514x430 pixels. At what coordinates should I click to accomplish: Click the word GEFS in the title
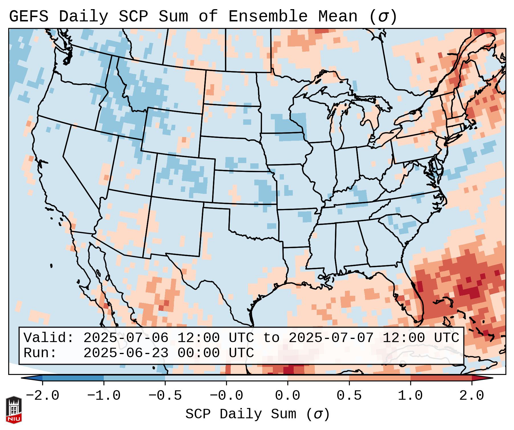click(29, 17)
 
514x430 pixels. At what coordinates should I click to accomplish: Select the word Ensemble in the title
click(268, 17)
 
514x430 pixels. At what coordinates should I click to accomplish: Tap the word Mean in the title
click(338, 17)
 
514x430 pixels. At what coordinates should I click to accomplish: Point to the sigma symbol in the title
click(383, 17)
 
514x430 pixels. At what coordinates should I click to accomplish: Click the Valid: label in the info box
click(49, 338)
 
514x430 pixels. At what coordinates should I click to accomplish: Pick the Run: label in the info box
click(40, 353)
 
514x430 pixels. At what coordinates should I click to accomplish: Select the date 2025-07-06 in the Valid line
click(126, 338)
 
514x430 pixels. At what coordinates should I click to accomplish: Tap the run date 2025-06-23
click(126, 353)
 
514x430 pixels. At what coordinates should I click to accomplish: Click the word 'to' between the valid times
click(271, 338)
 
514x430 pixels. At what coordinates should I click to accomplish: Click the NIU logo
click(14, 410)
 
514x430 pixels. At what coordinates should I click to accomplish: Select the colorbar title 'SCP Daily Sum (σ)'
click(257, 414)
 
